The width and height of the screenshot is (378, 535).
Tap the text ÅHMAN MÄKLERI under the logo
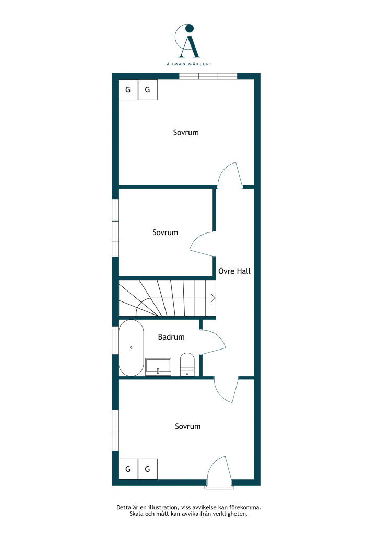(189, 64)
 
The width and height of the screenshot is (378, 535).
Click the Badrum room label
(171, 337)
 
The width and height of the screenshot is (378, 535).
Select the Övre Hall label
(234, 271)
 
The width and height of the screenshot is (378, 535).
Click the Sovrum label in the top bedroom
(186, 132)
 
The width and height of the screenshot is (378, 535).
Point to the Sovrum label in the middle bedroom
(166, 232)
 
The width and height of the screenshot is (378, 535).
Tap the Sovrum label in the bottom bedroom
(188, 426)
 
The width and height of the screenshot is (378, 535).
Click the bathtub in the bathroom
(131, 347)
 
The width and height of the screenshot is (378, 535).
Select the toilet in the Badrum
(187, 364)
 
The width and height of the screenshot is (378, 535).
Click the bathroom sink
(158, 367)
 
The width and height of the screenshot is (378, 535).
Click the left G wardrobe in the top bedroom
(128, 90)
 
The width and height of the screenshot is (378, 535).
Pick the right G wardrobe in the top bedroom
(148, 90)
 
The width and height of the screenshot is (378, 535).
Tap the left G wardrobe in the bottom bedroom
(128, 469)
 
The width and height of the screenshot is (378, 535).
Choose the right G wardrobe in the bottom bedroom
(148, 469)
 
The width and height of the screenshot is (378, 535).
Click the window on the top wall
(208, 76)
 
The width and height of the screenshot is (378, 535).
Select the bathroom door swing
(220, 336)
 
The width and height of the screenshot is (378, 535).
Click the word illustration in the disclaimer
(162, 508)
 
